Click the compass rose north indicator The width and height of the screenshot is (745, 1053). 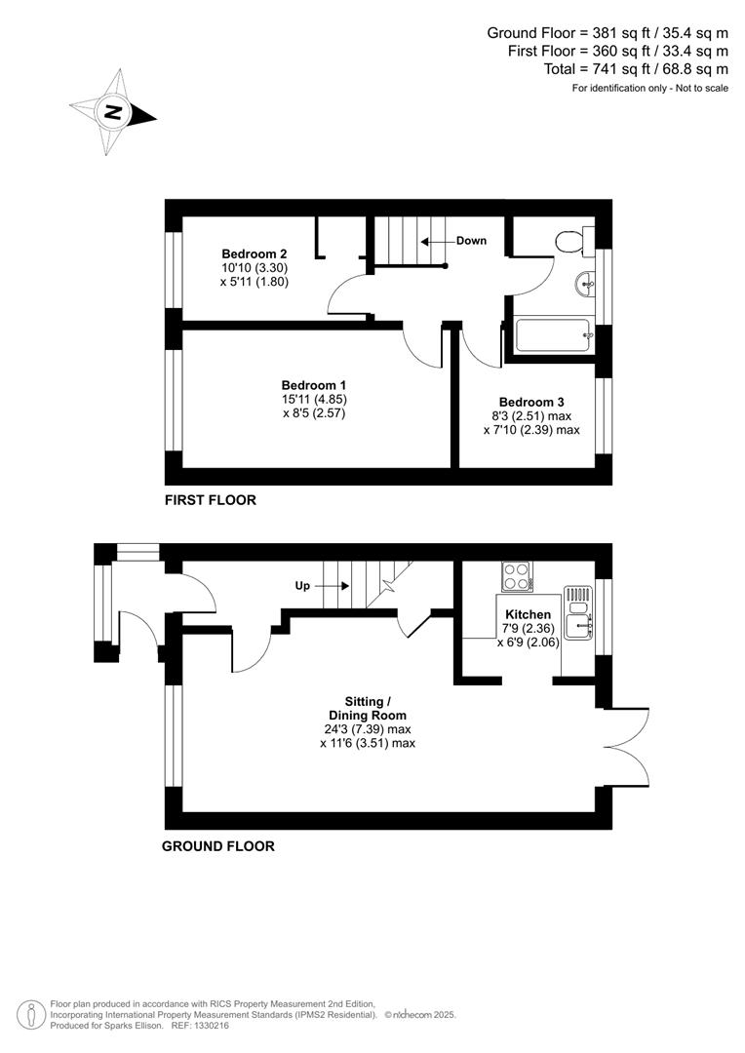tap(114, 112)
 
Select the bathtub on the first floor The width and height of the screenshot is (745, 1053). tap(552, 336)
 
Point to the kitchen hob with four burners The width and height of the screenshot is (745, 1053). tap(517, 575)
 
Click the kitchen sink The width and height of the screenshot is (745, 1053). tap(578, 618)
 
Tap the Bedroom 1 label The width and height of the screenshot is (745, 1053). tap(314, 385)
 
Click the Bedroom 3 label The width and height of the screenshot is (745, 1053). tap(531, 402)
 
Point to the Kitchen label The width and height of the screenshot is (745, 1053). tap(527, 614)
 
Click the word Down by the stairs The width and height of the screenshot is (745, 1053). tap(471, 240)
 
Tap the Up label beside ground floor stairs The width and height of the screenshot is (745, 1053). tap(302, 586)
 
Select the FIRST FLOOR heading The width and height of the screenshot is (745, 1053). tap(210, 500)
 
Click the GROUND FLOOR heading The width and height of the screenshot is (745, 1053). tap(217, 846)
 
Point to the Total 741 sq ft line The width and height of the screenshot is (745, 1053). tap(636, 69)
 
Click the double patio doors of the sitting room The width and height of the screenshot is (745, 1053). tap(629, 746)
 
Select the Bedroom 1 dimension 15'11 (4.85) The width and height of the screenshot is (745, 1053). tap(314, 399)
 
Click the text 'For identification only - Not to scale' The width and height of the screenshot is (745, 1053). tap(649, 89)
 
